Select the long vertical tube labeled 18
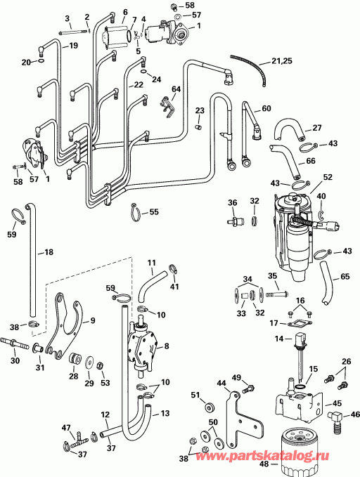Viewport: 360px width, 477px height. click(x=31, y=260)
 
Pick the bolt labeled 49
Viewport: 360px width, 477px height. click(x=247, y=388)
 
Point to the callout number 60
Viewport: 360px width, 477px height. click(x=266, y=108)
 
